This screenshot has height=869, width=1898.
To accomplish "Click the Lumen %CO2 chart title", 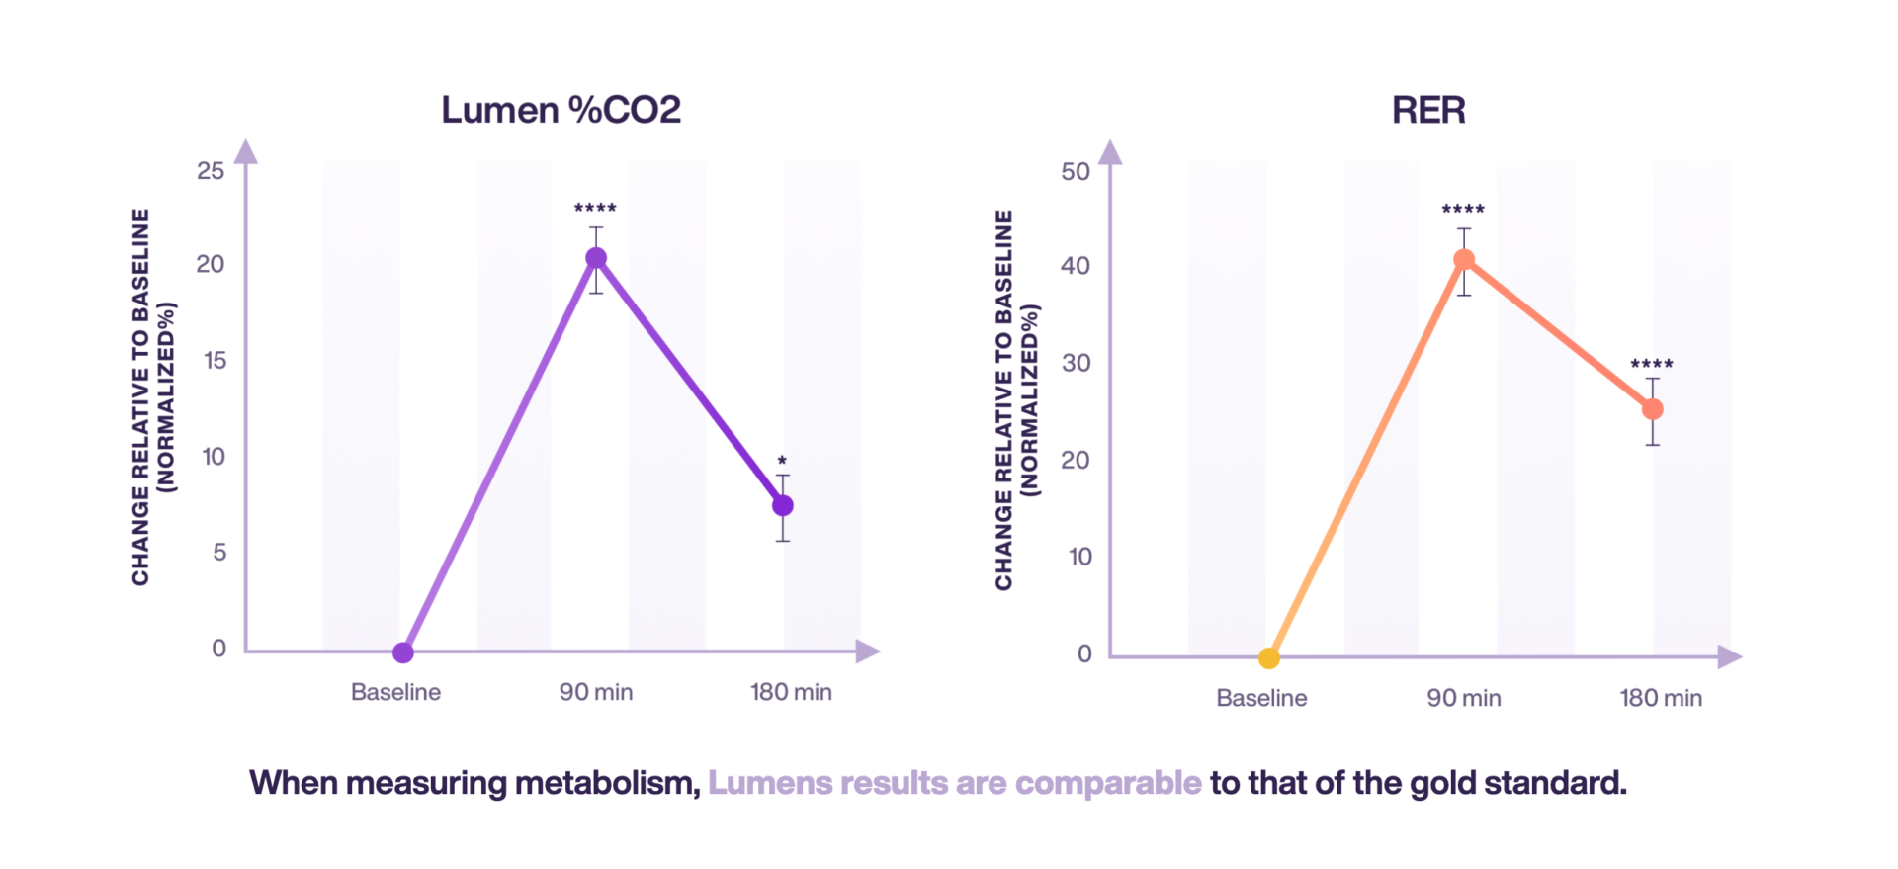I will pyautogui.click(x=561, y=110).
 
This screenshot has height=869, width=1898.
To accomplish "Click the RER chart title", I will pyautogui.click(x=1428, y=110).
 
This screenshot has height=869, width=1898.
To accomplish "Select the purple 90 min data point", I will pyautogui.click(x=596, y=258).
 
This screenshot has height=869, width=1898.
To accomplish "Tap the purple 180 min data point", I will pyautogui.click(x=783, y=505).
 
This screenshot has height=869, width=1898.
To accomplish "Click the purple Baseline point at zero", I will pyautogui.click(x=403, y=652).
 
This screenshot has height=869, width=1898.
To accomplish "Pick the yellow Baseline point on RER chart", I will pyautogui.click(x=1269, y=657).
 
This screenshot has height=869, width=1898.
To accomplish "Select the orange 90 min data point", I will pyautogui.click(x=1464, y=260).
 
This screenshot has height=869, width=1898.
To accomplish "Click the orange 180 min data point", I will pyautogui.click(x=1653, y=409).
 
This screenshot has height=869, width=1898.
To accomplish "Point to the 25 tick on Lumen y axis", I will pyautogui.click(x=211, y=171).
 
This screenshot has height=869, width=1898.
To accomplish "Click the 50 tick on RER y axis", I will pyautogui.click(x=1076, y=172).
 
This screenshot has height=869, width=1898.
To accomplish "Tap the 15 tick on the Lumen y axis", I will pyautogui.click(x=215, y=361).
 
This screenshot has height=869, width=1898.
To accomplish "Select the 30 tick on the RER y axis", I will pyautogui.click(x=1076, y=363).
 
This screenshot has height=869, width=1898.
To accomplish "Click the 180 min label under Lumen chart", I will pyautogui.click(x=791, y=692).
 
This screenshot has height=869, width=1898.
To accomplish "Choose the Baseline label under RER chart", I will pyautogui.click(x=1261, y=698).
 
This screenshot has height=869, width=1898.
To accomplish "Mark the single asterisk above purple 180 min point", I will pyautogui.click(x=782, y=461).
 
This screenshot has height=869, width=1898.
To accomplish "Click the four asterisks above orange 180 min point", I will pyautogui.click(x=1652, y=365).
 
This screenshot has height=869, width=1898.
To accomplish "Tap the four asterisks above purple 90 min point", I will pyautogui.click(x=595, y=209).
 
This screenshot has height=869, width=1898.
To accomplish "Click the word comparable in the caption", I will pyautogui.click(x=1108, y=783).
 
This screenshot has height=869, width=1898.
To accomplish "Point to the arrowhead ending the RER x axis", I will pyautogui.click(x=1729, y=656).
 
